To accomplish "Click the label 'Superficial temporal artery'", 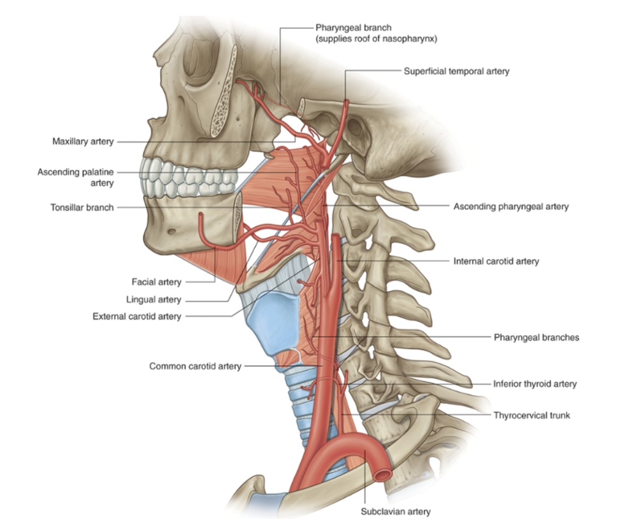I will [x=456, y=71].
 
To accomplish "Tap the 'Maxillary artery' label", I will [x=83, y=141].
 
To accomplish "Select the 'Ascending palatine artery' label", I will [x=76, y=177].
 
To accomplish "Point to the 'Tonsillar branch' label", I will [x=82, y=207].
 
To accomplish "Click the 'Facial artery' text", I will [x=156, y=281].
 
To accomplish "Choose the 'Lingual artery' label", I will [x=153, y=300].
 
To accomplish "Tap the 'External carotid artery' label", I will [x=137, y=317].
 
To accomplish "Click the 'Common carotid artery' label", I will [x=195, y=366].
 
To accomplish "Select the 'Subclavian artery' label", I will [x=395, y=512].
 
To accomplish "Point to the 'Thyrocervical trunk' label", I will [x=531, y=415].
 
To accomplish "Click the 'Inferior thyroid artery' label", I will [x=535, y=384].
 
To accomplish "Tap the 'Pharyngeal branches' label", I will [x=536, y=337].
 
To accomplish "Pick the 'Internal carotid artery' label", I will [x=496, y=261].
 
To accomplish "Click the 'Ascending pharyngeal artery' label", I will [x=511, y=207].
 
